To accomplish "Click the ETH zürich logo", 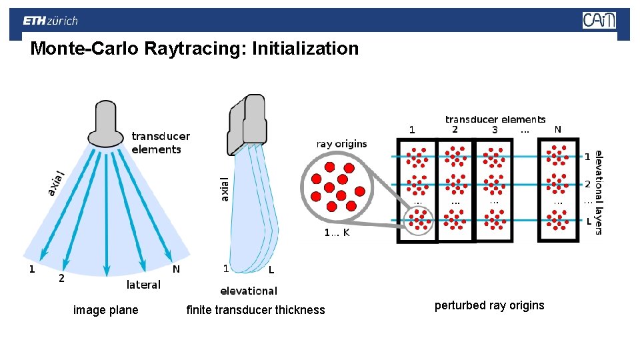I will click(x=51, y=21).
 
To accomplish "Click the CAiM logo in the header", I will click(x=599, y=21).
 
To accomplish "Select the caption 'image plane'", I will click(x=105, y=310).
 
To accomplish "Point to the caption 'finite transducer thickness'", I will click(x=255, y=310).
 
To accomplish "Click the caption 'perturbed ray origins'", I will click(x=489, y=305).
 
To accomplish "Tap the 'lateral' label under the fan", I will click(x=143, y=285).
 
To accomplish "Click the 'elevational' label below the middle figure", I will click(x=249, y=291).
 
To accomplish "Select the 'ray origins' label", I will click(x=341, y=144).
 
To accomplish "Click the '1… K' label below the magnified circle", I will click(x=337, y=233).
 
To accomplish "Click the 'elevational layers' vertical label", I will click(x=599, y=191).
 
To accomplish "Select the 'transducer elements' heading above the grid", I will click(x=495, y=120).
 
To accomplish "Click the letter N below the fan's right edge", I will click(x=176, y=269).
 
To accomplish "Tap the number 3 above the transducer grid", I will click(x=495, y=130).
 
